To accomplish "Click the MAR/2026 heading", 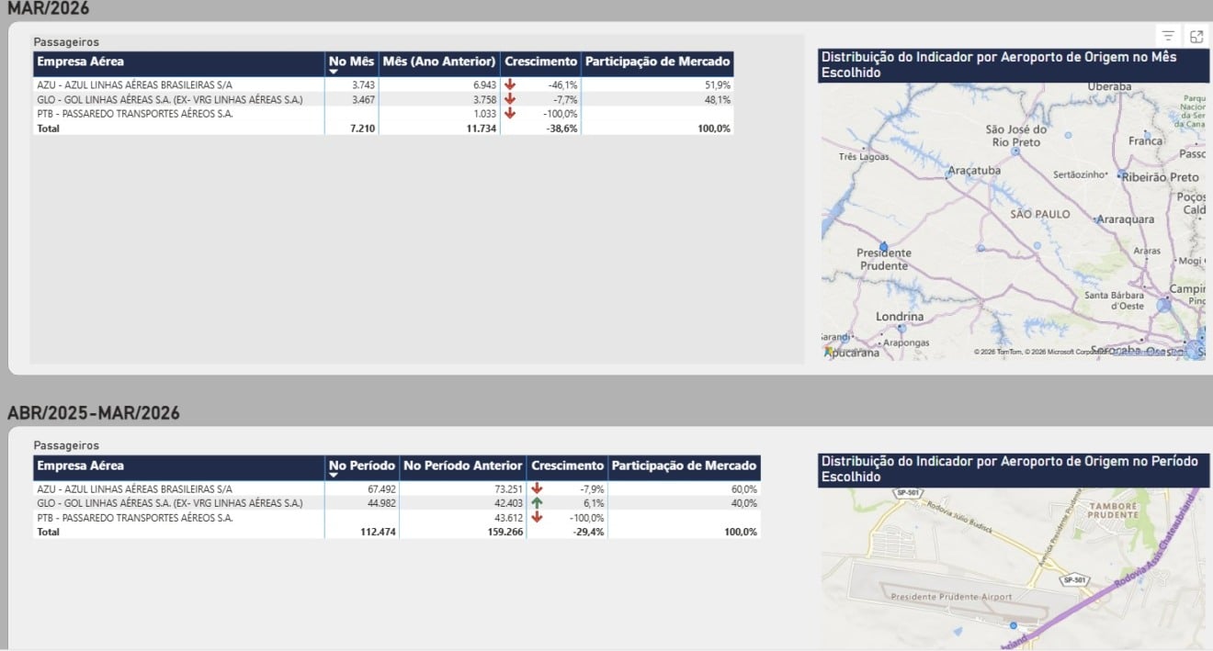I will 49,8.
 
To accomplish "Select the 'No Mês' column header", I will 351,62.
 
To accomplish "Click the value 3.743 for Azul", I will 362,84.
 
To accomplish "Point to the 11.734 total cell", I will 477,129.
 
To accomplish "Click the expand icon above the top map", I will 1196,36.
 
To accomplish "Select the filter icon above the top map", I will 1168,36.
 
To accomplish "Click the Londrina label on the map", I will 900,317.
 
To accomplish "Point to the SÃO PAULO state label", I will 1040,214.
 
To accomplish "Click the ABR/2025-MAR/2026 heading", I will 94,413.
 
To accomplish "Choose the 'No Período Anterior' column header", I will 463,466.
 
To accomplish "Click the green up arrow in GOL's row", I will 537,503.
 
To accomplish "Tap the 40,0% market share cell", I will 743,503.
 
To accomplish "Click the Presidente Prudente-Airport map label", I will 951,597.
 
